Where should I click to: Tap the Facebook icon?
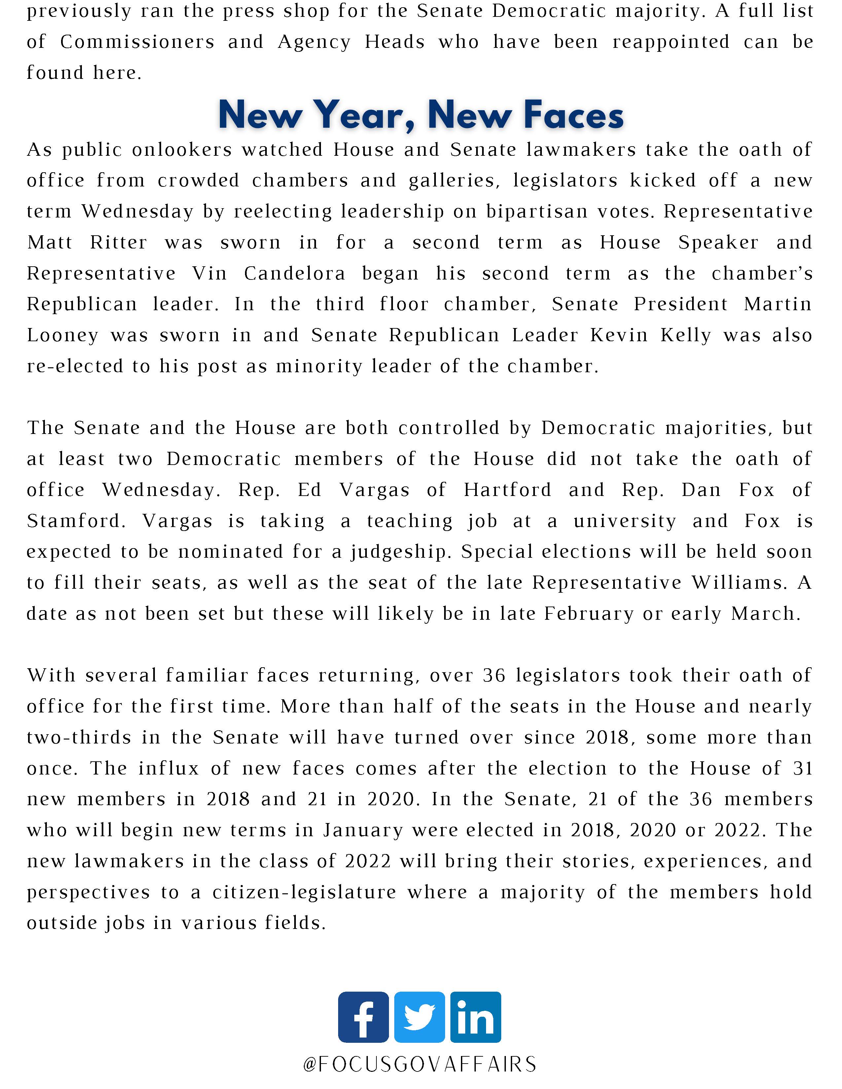363,1017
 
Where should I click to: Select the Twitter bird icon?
419,1017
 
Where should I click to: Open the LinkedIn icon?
475,1017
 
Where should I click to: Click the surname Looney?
62,336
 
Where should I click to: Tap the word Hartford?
507,490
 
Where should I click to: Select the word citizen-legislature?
304,892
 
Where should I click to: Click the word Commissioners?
137,42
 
